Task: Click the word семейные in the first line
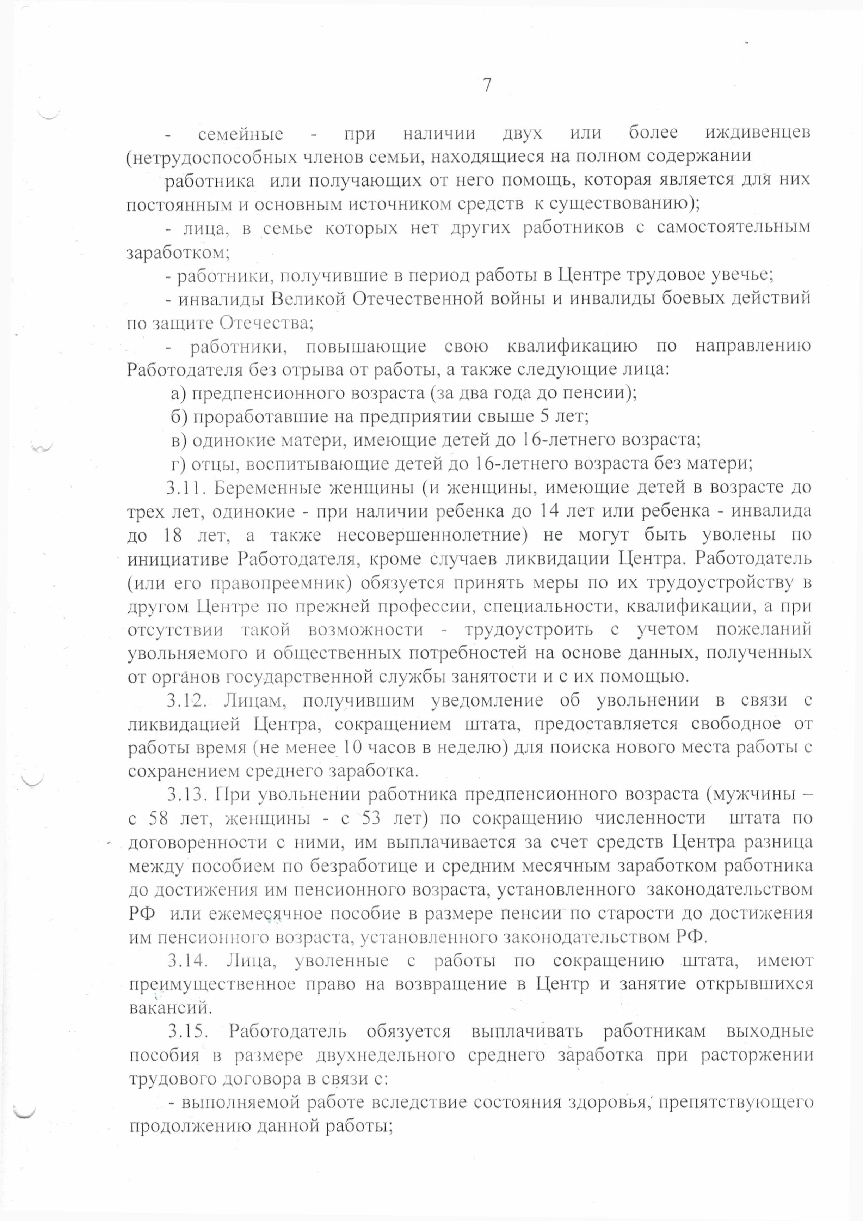pyautogui.click(x=240, y=134)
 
